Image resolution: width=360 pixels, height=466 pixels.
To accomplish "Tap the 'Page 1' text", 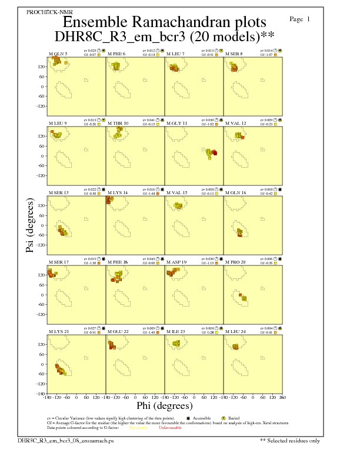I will point(300,19).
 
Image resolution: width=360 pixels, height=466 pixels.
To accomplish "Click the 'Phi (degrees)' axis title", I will point(164,405).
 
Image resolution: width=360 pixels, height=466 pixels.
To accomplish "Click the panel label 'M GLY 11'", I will point(177,124).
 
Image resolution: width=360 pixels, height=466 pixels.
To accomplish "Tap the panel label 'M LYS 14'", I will point(118,192).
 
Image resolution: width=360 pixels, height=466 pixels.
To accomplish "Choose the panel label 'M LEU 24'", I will point(236,332).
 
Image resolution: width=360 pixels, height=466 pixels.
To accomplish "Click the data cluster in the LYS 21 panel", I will point(61,370).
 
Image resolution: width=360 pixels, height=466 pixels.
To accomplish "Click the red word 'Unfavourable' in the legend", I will point(169,428).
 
